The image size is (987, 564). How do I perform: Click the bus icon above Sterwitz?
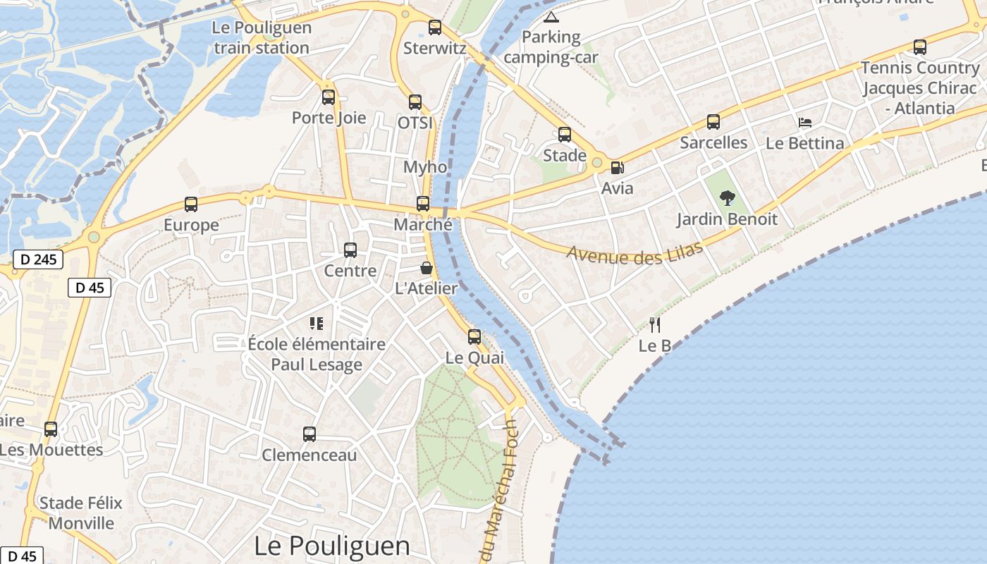click(435, 27)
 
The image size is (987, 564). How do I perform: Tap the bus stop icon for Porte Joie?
click(329, 97)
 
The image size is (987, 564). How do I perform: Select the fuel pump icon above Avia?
click(617, 168)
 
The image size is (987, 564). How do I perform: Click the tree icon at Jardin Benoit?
click(728, 198)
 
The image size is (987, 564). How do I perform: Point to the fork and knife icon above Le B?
click(655, 324)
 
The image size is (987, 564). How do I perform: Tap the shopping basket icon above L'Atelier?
click(427, 268)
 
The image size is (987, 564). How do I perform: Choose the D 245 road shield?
click(38, 259)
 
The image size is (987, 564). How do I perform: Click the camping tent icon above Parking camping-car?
click(551, 17)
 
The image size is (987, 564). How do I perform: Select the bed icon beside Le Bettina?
click(805, 123)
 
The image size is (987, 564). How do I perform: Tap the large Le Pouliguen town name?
click(331, 546)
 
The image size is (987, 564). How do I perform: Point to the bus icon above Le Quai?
click(474, 337)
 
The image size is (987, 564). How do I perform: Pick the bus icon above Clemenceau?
click(309, 434)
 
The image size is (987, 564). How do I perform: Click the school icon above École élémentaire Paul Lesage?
click(317, 324)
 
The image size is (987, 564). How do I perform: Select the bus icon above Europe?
click(191, 204)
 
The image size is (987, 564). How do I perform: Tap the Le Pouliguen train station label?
click(262, 38)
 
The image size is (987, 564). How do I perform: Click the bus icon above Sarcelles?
click(713, 122)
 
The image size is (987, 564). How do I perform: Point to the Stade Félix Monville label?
click(81, 513)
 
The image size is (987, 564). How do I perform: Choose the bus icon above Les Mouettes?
click(51, 429)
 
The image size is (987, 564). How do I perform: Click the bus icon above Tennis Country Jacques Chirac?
click(920, 47)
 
